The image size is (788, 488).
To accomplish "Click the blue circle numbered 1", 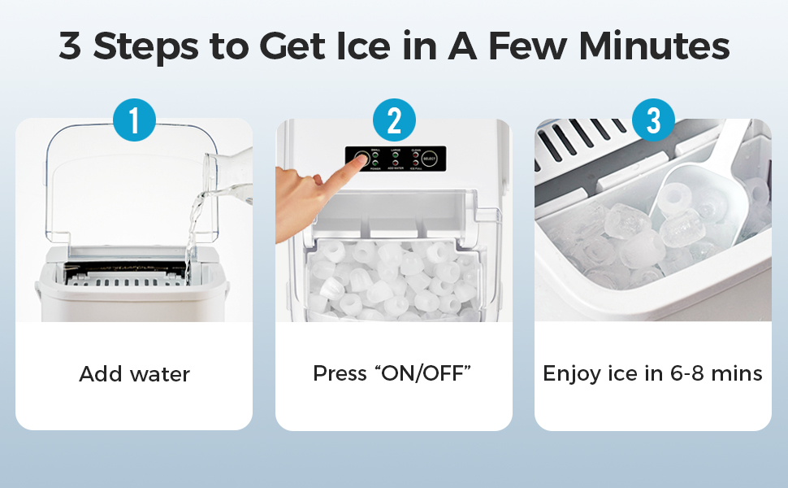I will (134, 120).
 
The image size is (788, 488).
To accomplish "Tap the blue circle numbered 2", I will (394, 120).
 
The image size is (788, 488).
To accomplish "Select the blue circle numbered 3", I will (653, 120).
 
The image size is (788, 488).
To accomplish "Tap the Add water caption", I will (134, 375).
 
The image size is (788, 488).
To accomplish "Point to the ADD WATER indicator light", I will (396, 163).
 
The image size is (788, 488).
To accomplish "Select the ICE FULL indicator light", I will (416, 163).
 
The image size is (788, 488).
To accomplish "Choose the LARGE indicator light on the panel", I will (396, 155).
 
